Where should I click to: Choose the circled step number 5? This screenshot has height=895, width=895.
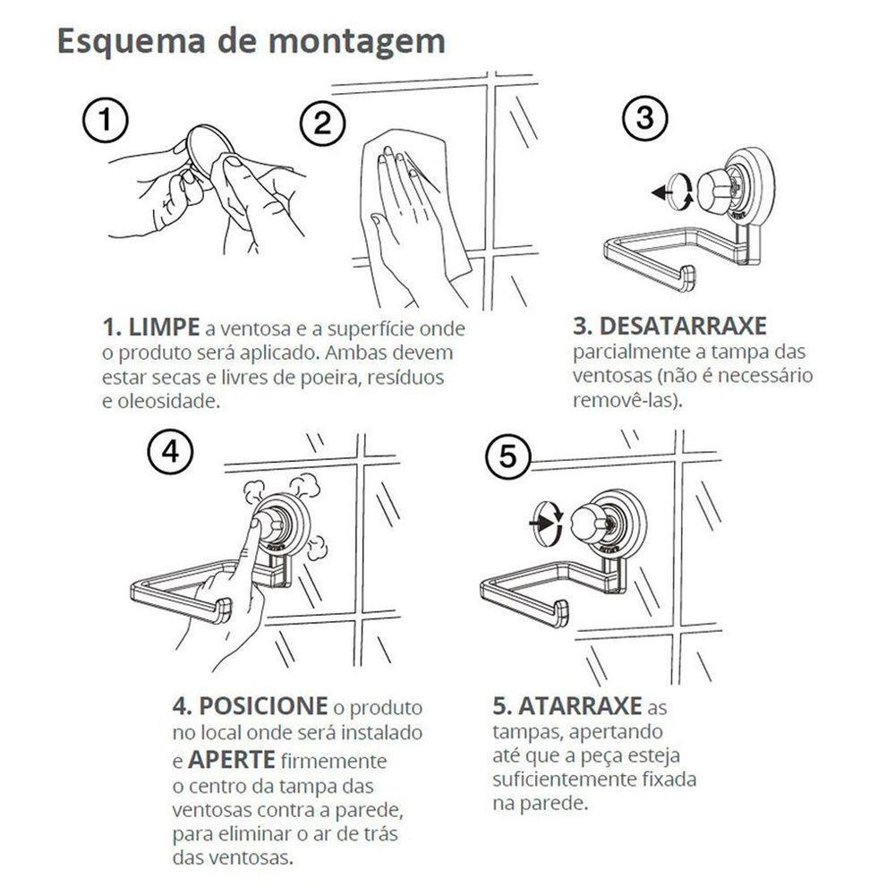[507, 457]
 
